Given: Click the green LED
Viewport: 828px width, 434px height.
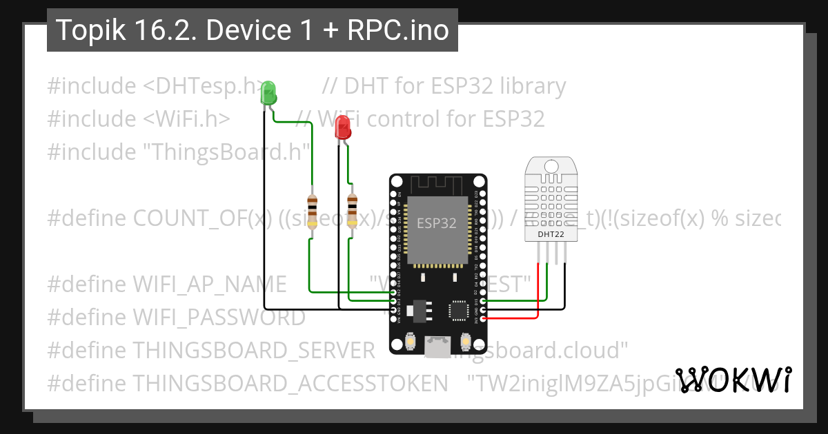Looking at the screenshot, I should (268, 93).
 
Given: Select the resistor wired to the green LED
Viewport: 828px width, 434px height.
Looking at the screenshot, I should (312, 211).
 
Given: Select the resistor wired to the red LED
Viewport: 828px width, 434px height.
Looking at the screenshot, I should (353, 211).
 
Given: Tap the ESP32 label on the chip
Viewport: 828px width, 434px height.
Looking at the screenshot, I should (436, 223).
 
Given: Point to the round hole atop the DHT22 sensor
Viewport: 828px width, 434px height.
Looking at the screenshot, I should (551, 165).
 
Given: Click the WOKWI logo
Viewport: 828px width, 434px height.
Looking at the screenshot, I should (733, 380).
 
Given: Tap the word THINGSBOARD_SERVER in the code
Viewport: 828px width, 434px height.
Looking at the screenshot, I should (254, 350).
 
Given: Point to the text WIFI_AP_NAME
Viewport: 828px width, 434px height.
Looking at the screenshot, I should (210, 284).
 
